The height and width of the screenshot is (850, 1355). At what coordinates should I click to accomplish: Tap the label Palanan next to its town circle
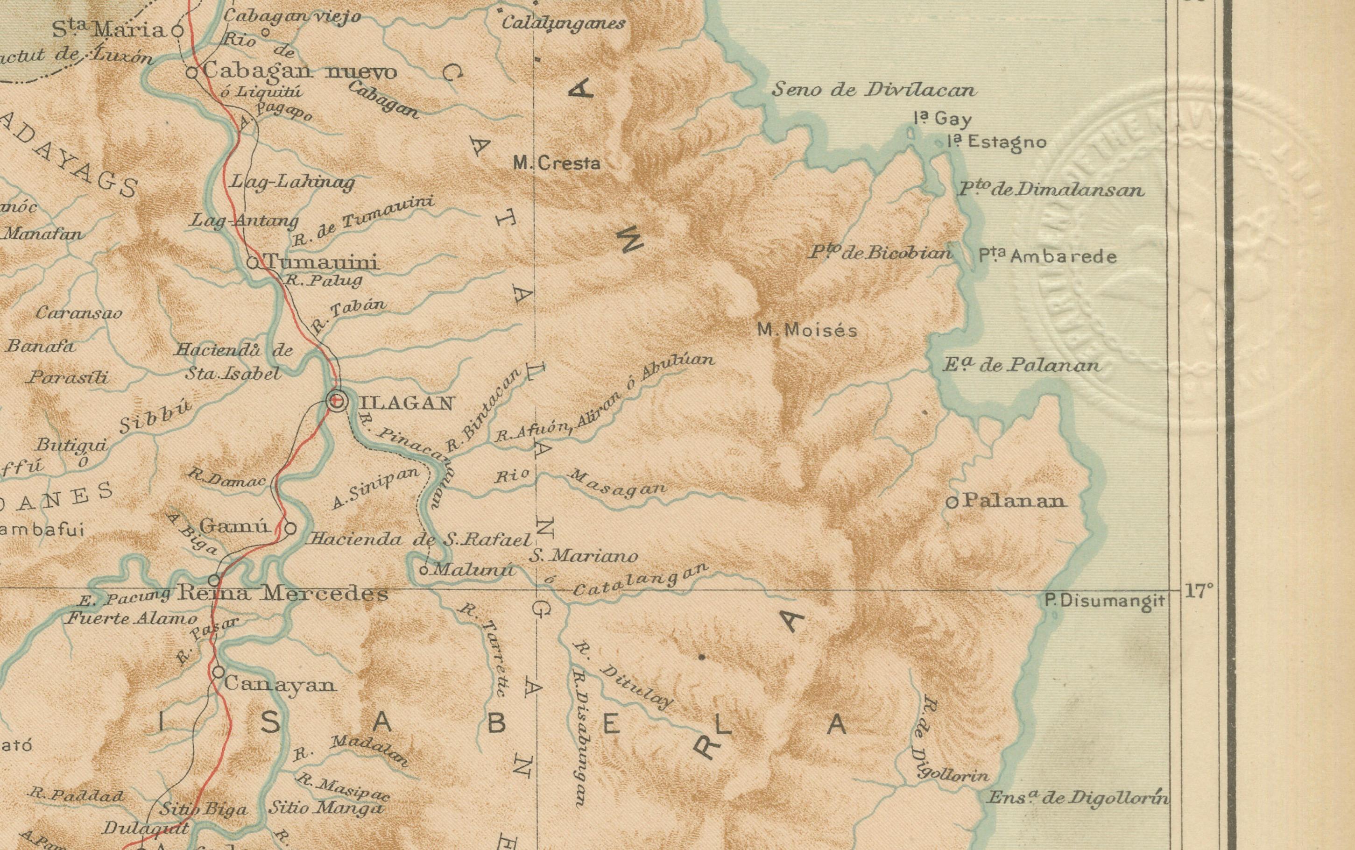(1015, 501)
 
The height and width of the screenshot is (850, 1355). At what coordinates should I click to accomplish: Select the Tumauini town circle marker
(253, 262)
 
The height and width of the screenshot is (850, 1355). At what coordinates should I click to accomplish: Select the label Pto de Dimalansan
(1050, 190)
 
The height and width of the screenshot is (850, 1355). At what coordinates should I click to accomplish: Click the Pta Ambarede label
(1047, 256)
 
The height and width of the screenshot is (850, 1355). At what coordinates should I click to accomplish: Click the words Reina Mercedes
(282, 593)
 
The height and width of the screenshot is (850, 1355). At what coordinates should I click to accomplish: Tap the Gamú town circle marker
(290, 528)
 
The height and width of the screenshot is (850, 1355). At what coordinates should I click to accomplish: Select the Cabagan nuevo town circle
(191, 72)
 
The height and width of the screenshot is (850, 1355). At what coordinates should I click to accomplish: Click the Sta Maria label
(110, 30)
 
